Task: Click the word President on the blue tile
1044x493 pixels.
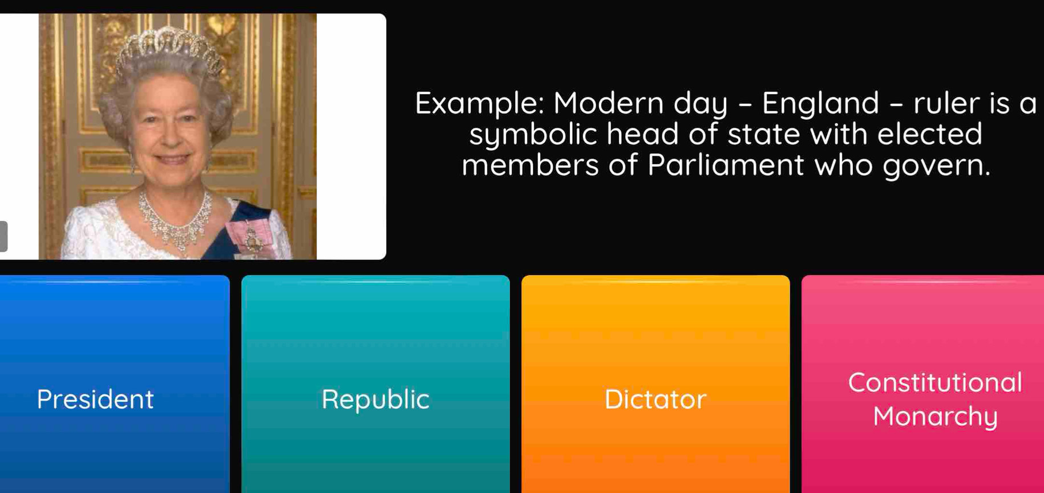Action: pos(95,399)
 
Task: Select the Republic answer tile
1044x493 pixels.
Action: pos(375,399)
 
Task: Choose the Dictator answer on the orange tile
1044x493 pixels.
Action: pos(655,399)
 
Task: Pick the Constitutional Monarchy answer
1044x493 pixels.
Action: pos(934,399)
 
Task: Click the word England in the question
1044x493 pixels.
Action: pos(820,103)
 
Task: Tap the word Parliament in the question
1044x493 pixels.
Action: pos(725,165)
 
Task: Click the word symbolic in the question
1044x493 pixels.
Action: pos(533,135)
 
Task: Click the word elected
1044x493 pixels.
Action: pos(930,134)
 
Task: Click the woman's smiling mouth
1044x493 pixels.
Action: pos(172,159)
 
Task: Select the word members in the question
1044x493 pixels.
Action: pos(530,165)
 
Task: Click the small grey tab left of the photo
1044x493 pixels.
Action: pos(3,236)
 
